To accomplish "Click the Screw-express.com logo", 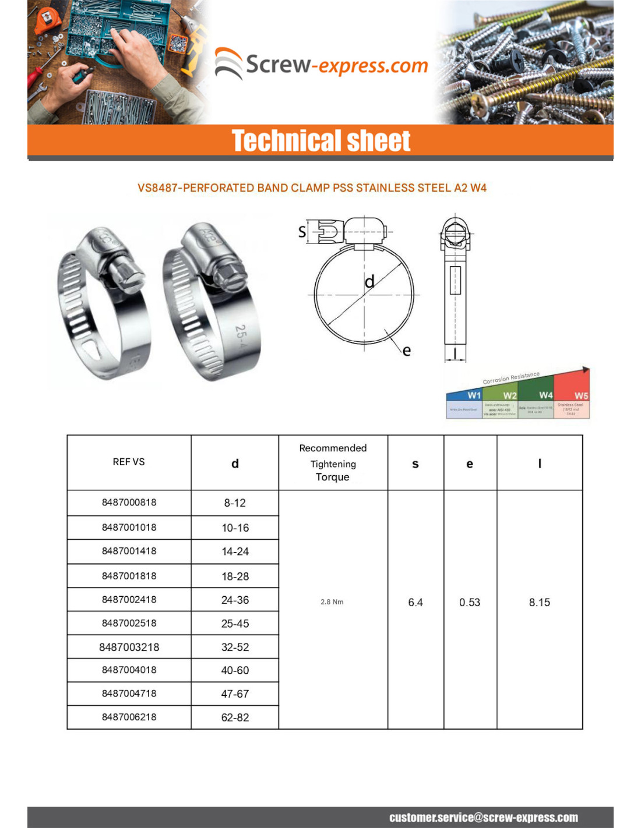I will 322,64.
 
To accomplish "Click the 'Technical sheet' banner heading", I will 321,141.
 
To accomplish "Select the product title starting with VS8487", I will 312,188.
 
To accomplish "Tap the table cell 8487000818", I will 129,503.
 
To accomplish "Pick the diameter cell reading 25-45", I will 235,624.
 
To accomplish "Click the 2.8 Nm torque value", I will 332,602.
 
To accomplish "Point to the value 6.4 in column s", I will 415,603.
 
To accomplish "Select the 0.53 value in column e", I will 470,603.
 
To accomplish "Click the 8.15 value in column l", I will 539,603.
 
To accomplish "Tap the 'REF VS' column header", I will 129,462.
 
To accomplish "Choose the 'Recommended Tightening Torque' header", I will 333,463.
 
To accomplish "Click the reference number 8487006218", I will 129,717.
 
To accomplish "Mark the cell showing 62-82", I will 235,718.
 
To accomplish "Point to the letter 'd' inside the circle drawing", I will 369,282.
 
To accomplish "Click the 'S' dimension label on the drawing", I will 302,232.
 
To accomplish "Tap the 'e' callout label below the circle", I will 406,351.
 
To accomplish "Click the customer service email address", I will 483,818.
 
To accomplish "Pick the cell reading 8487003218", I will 129,647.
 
